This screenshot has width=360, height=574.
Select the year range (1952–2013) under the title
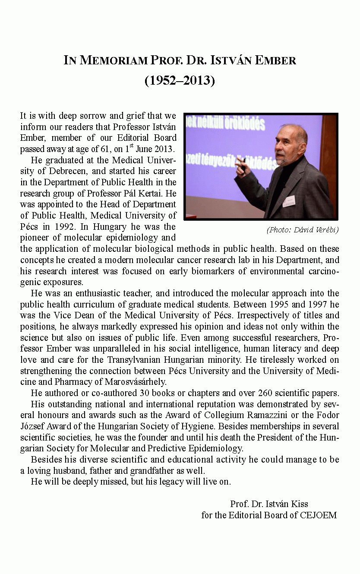pos(180,80)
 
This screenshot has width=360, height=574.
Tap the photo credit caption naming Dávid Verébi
pos(302,230)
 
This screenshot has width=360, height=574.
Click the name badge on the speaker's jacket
pos(289,201)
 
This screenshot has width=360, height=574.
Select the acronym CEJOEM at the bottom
pos(320,515)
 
